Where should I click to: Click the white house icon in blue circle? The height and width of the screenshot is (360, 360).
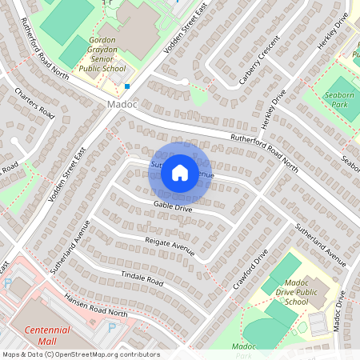[x=180, y=172]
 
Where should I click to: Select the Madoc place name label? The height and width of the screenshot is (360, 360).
[x=121, y=106]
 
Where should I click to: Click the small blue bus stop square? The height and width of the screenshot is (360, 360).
[x=126, y=86]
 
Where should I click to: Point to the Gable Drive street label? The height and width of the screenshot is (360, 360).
[x=174, y=208]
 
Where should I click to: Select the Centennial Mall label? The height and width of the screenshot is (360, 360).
[x=46, y=334]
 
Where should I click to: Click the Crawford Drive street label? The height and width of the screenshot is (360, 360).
[x=250, y=269]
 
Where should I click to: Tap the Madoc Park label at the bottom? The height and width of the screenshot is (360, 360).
[x=242, y=350]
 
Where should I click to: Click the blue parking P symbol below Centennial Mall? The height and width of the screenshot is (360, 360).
[x=111, y=327]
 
